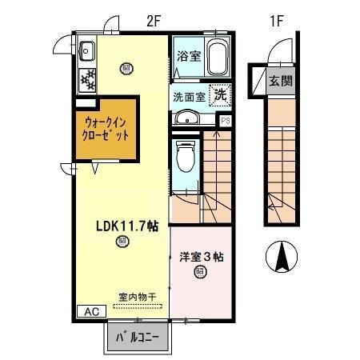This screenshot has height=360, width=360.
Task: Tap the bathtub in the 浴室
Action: point(218,58)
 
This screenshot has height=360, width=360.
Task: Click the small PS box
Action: point(226,121)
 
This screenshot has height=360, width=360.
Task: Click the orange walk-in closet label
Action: point(109,126)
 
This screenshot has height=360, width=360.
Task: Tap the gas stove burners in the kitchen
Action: point(86,78)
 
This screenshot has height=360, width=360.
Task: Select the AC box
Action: point(90,310)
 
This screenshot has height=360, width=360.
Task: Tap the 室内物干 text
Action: point(137,297)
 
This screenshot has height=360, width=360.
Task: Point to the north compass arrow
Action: point(282,254)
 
